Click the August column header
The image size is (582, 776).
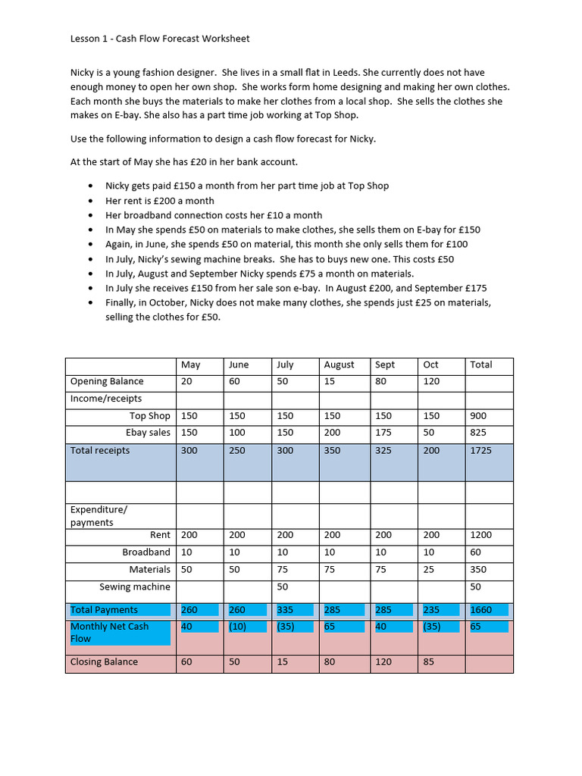point(339,365)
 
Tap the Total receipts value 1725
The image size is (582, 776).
point(480,451)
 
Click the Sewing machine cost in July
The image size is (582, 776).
point(282,587)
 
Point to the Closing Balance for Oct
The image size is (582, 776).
point(430,662)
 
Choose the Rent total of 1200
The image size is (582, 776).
point(480,535)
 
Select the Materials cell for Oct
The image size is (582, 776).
point(430,570)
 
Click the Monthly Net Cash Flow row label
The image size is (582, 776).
point(110,632)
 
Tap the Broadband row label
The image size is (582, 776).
point(146,552)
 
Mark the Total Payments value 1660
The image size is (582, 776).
point(480,610)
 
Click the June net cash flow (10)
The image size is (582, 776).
point(239,627)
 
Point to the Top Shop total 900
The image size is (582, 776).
point(478,416)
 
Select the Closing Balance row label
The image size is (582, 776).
point(104,662)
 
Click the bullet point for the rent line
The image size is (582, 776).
point(92,201)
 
